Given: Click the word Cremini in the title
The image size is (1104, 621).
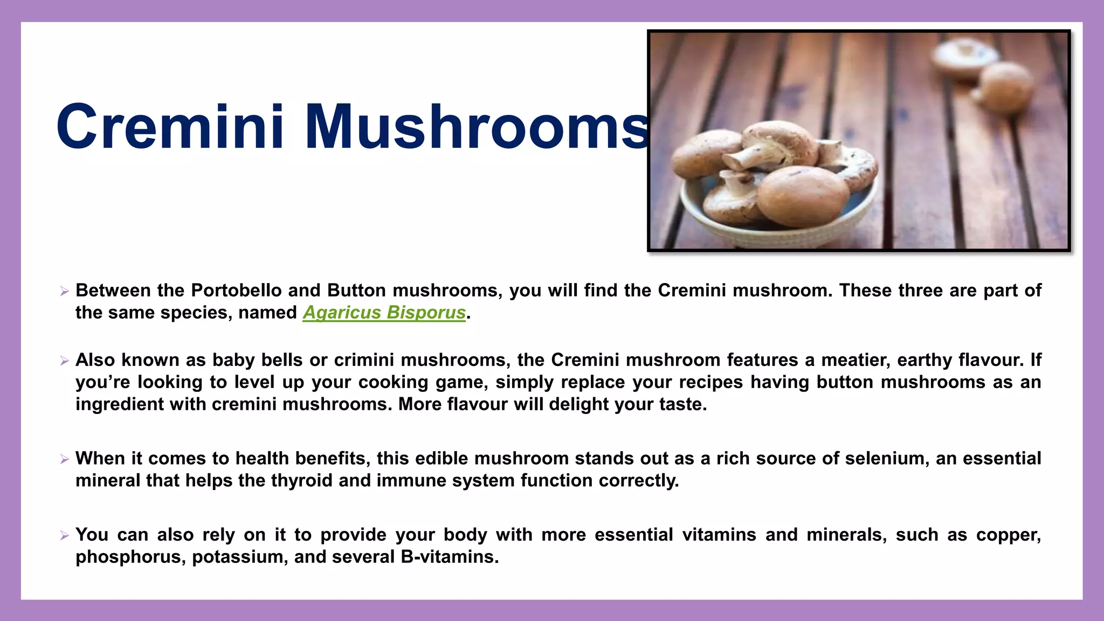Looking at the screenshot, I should click(x=170, y=127).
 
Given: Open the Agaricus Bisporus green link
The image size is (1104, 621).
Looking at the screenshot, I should click(x=384, y=313).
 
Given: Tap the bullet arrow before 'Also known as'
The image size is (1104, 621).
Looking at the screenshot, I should click(x=65, y=361).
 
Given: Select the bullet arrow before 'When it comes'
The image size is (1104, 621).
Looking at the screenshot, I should click(x=65, y=459).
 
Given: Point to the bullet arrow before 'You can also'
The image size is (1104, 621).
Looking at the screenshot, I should click(x=65, y=535).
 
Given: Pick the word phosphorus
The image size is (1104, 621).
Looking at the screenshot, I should click(x=130, y=557).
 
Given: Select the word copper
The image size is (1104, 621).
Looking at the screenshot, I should click(x=1007, y=535).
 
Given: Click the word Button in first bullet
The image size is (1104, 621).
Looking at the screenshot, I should click(x=356, y=291).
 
